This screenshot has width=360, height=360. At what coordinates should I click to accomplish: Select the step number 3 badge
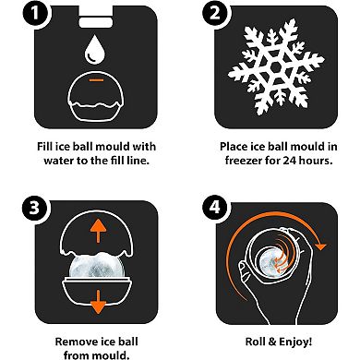[x=34, y=208]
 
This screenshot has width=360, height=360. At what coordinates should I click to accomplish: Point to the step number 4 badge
[x=215, y=207]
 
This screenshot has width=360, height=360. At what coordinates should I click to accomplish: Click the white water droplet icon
[x=95, y=50]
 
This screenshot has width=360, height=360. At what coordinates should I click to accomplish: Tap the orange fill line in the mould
[x=97, y=80]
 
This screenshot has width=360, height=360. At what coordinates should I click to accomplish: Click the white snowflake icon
[x=276, y=67]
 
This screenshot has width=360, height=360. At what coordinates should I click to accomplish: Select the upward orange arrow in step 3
[x=98, y=232]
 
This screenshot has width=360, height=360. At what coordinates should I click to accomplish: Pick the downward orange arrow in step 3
[x=98, y=302]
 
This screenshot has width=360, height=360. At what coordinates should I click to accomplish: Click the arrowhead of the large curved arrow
[x=321, y=246]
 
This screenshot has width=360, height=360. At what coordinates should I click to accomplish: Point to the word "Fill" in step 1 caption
[x=44, y=146]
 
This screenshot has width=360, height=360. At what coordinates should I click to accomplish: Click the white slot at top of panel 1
[x=96, y=22]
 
